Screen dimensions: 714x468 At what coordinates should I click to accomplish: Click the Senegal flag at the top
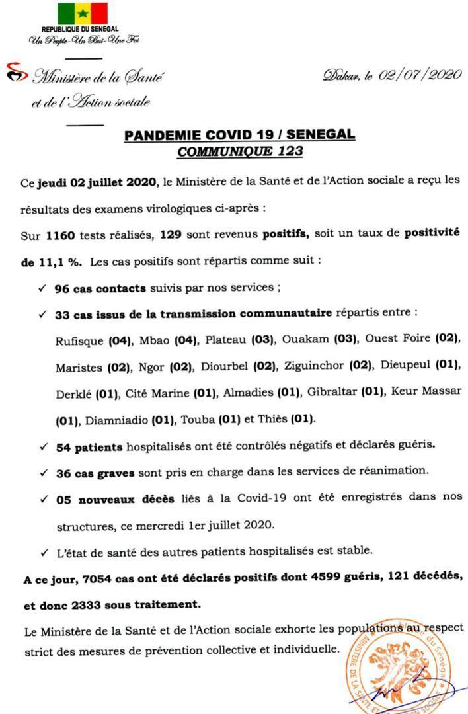point(82,13)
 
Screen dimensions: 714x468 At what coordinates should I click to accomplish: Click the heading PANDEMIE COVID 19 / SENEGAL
point(239,135)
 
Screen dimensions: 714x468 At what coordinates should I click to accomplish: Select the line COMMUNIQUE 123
point(239,151)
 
